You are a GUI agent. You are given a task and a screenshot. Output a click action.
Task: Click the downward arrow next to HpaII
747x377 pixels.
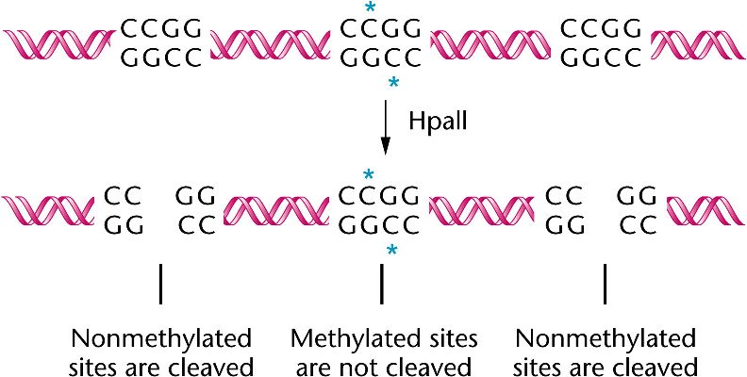point(385,127)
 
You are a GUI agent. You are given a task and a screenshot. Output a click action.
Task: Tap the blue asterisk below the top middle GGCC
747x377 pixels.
point(393,84)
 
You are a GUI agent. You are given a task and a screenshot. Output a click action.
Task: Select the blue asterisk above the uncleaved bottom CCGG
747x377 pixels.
point(369,174)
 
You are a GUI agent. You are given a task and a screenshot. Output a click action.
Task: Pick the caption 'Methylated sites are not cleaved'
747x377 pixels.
point(383,352)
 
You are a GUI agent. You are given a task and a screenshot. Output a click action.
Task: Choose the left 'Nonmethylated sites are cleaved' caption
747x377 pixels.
point(162,352)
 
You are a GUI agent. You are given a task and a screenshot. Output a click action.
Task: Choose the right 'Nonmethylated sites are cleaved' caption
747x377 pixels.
point(605,352)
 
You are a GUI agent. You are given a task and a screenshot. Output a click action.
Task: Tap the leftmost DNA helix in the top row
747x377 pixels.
point(58,43)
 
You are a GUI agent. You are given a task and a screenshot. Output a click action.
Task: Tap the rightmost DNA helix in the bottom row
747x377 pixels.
point(704,209)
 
